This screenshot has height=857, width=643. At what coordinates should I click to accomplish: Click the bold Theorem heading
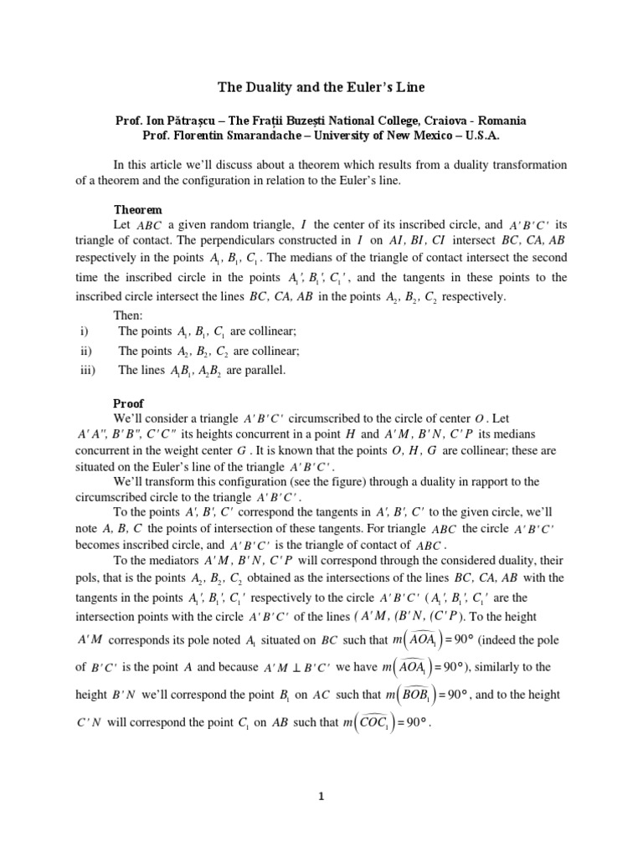tap(138, 209)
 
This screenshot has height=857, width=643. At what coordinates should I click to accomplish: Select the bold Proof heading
tap(130, 403)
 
